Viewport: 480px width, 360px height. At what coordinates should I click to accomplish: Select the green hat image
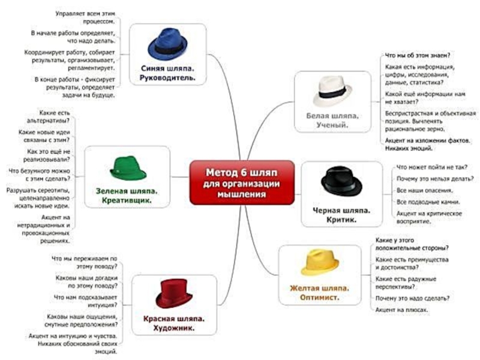coord(128,168)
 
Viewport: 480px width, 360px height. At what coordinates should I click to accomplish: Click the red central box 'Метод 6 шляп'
coord(242,182)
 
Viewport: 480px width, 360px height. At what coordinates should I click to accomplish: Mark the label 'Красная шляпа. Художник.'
coord(173,323)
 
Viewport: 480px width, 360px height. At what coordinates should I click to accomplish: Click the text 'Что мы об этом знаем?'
coord(418,55)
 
